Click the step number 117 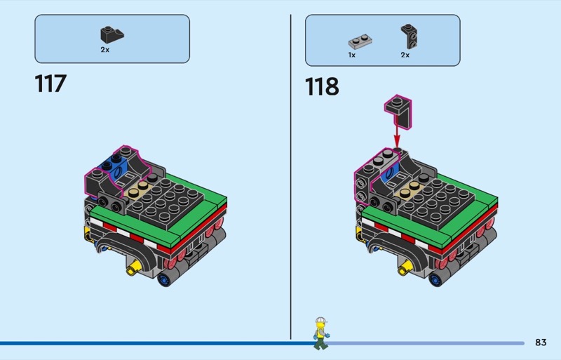click(50, 84)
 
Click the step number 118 click(322, 86)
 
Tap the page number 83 click(540, 342)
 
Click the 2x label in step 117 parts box click(104, 50)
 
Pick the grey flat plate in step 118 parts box click(358, 41)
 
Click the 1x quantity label click(351, 54)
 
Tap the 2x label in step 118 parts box click(405, 54)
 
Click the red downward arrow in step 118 click(397, 132)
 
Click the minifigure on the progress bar click(320, 333)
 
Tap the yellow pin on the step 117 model click(130, 269)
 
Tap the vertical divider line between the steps click(290, 175)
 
